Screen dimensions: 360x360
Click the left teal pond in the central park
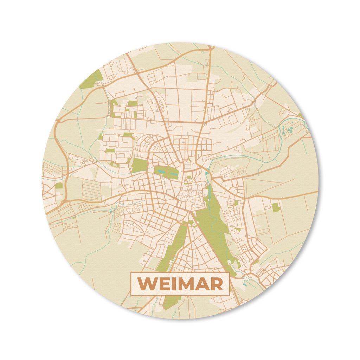pos(161,171)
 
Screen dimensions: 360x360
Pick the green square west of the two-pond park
pos(139,165)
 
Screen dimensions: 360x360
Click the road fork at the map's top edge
pos(210,47)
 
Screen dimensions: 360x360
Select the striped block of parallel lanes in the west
pos(91,190)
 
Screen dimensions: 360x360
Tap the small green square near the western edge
pos(59,185)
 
